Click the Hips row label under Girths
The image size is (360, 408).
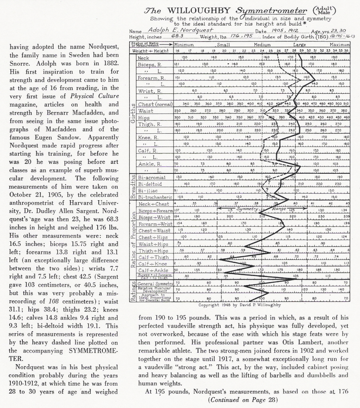[144, 118]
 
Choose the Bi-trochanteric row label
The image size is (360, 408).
[155, 197]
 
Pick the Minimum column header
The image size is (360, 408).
[184, 45]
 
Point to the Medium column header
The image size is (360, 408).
[262, 45]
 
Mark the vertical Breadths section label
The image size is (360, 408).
[133, 187]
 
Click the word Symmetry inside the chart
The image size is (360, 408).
[248, 209]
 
